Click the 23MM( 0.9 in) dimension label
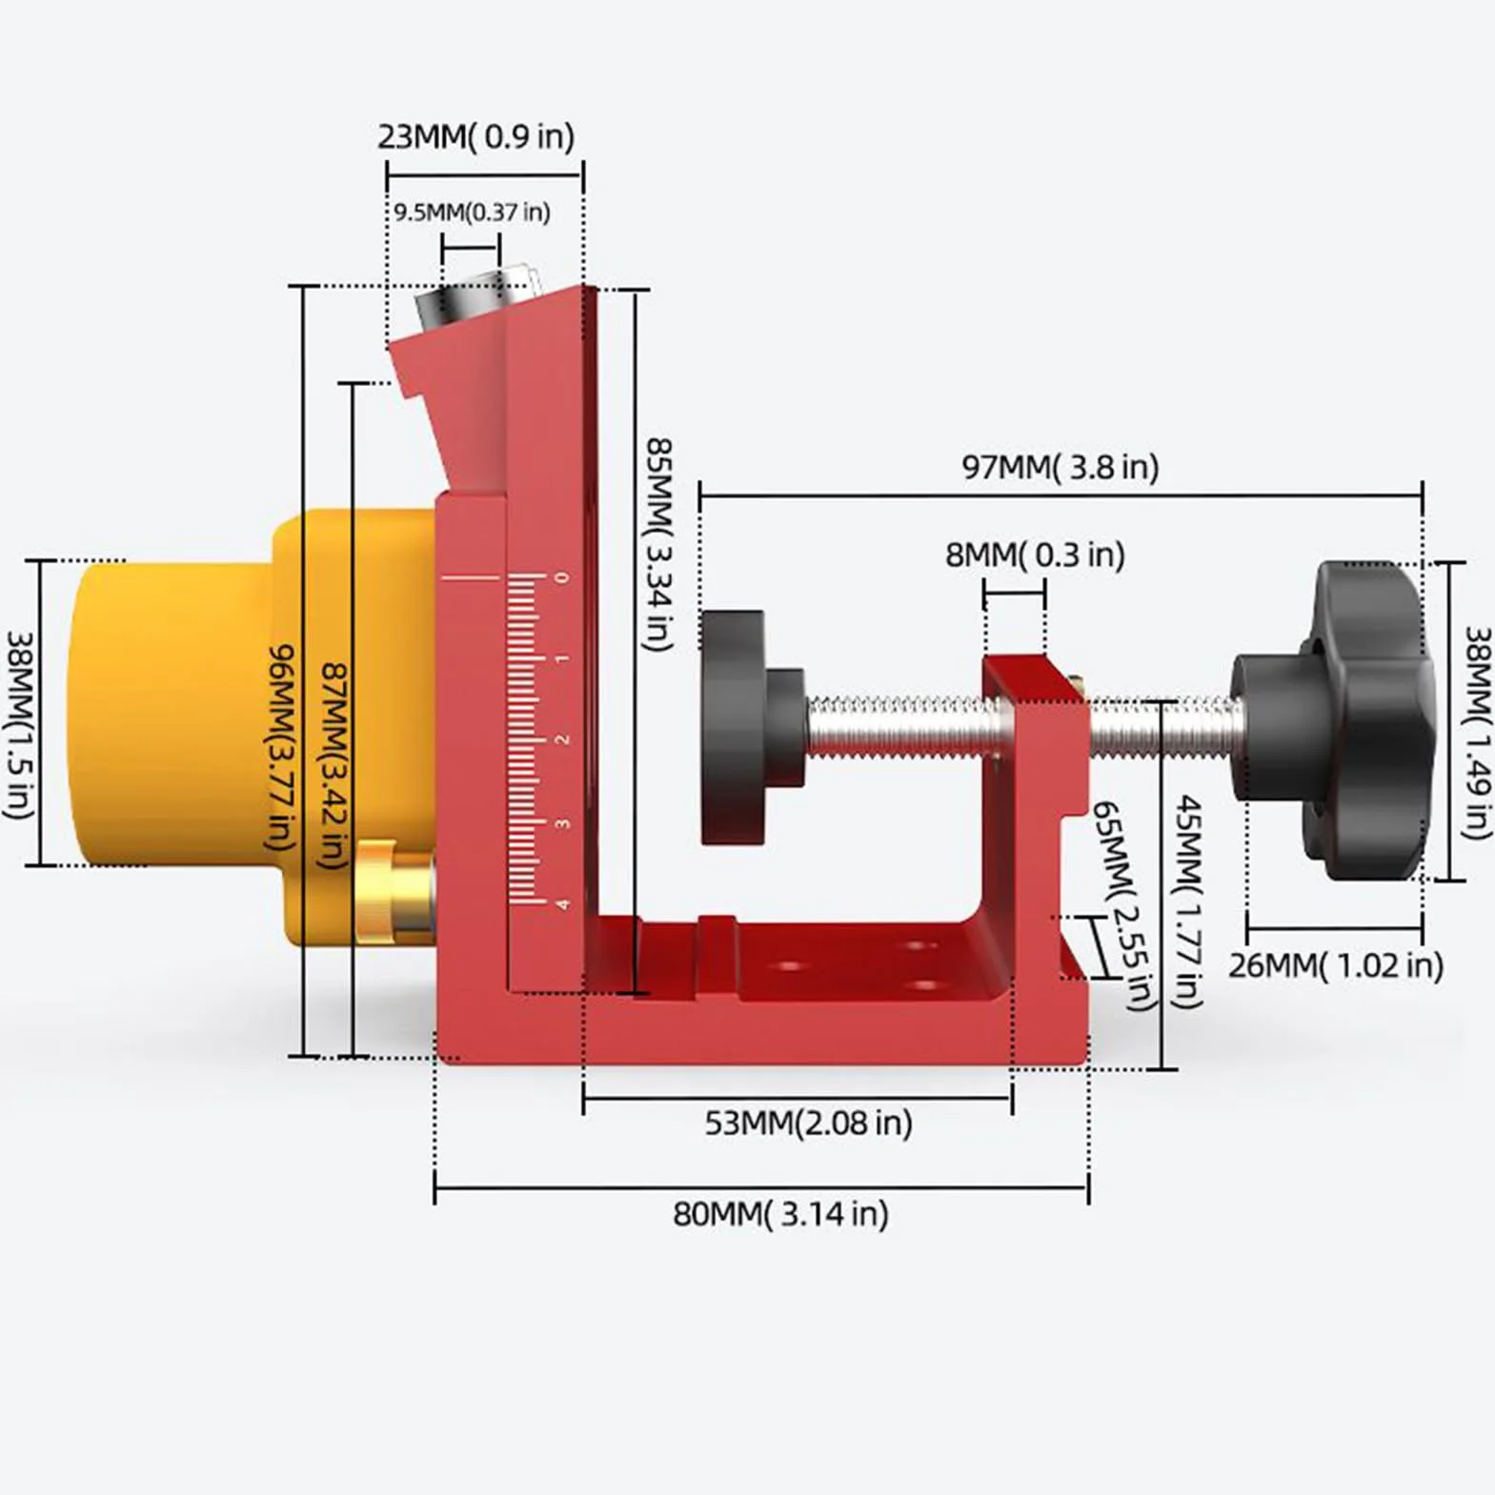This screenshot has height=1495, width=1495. click(476, 136)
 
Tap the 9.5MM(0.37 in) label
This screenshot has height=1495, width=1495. click(473, 212)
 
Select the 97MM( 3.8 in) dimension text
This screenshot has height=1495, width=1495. click(1061, 467)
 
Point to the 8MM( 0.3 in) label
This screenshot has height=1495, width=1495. click(1035, 554)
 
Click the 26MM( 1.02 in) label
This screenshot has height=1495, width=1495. click(1335, 965)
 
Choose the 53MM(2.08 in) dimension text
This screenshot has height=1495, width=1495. click(808, 1122)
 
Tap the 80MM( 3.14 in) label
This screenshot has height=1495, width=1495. click(780, 1213)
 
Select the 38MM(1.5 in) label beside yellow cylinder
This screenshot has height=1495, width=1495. click(20, 725)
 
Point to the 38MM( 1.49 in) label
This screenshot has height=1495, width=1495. click(1477, 733)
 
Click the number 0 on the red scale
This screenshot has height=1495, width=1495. click(562, 577)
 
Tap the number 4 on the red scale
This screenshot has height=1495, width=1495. click(563, 903)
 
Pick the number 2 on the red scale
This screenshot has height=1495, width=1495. click(562, 739)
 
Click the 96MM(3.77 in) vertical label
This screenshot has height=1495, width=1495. click(281, 747)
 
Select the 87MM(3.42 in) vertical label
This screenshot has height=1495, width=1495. click(333, 766)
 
